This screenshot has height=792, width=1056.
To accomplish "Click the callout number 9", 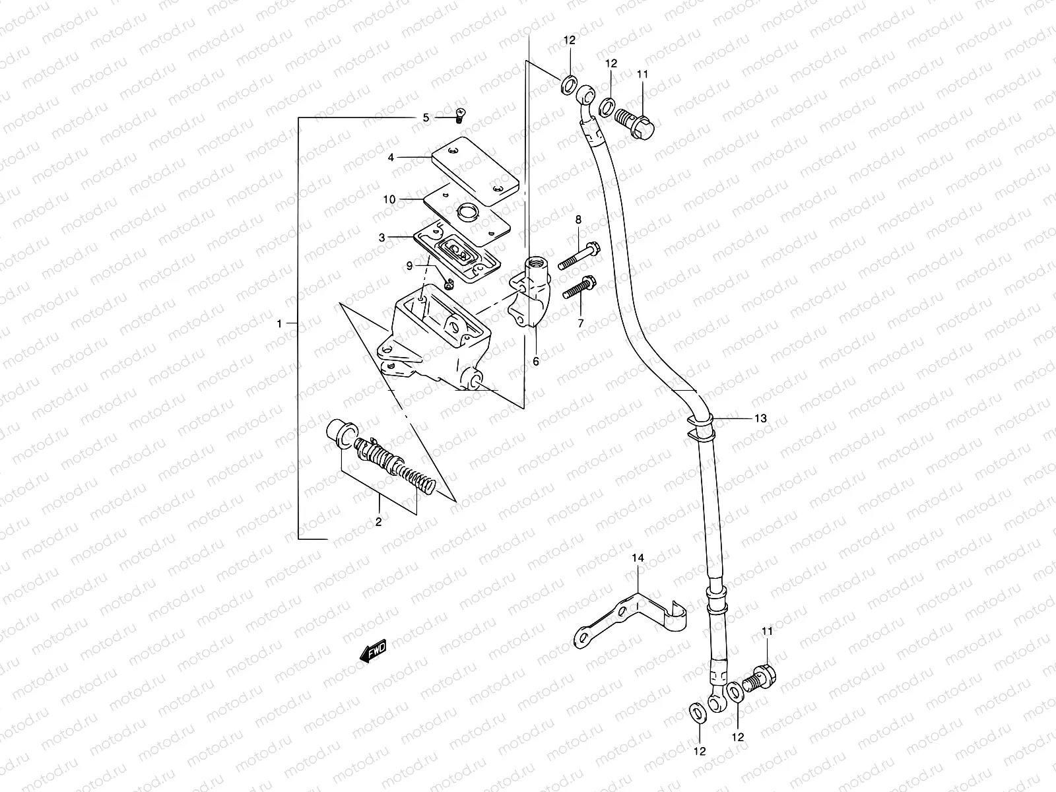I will pyautogui.click(x=409, y=265).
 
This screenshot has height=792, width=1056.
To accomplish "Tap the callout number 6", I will pyautogui.click(x=535, y=361).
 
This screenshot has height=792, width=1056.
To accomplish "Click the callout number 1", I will pyautogui.click(x=280, y=323).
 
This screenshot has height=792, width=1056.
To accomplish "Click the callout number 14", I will pyautogui.click(x=637, y=558).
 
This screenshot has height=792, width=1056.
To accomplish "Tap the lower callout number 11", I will pyautogui.click(x=766, y=632).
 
